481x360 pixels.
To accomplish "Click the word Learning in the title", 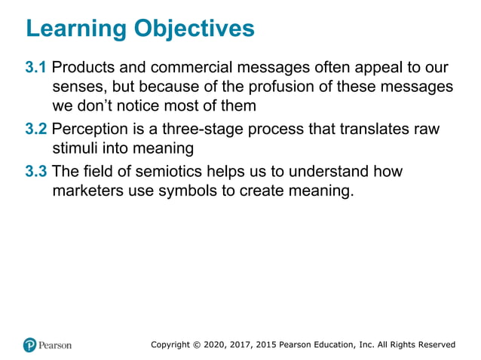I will [x=74, y=29].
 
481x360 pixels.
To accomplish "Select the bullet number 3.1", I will [x=36, y=68].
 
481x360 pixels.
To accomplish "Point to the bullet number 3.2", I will [x=36, y=129].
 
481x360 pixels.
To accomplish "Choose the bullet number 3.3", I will [x=36, y=171].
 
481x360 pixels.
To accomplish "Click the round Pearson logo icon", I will [x=30, y=345].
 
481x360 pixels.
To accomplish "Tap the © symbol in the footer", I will [x=207, y=345].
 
